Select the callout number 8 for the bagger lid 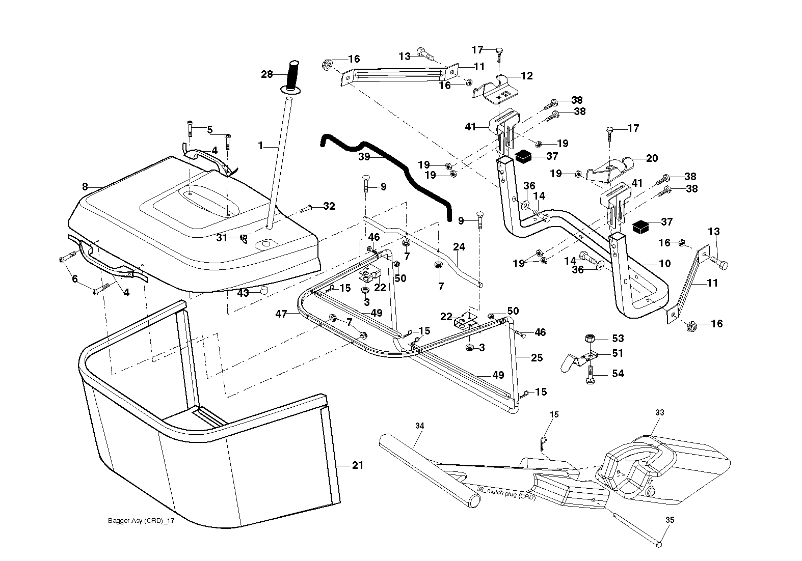click(x=85, y=187)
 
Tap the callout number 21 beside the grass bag click(x=358, y=465)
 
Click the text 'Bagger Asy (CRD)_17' click(x=141, y=521)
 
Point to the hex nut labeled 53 click(x=590, y=338)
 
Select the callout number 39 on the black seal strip click(x=364, y=157)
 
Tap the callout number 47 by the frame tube click(x=281, y=314)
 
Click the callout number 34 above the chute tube click(x=420, y=426)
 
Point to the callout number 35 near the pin click(x=670, y=520)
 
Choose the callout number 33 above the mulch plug click(x=659, y=412)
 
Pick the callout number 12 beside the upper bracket click(x=527, y=76)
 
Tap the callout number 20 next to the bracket click(x=652, y=158)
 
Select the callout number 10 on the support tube click(x=665, y=264)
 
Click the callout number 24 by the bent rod click(x=459, y=247)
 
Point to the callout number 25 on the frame click(x=537, y=358)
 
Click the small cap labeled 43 click(x=264, y=290)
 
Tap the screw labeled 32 click(x=306, y=208)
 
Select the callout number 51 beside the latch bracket click(x=618, y=353)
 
